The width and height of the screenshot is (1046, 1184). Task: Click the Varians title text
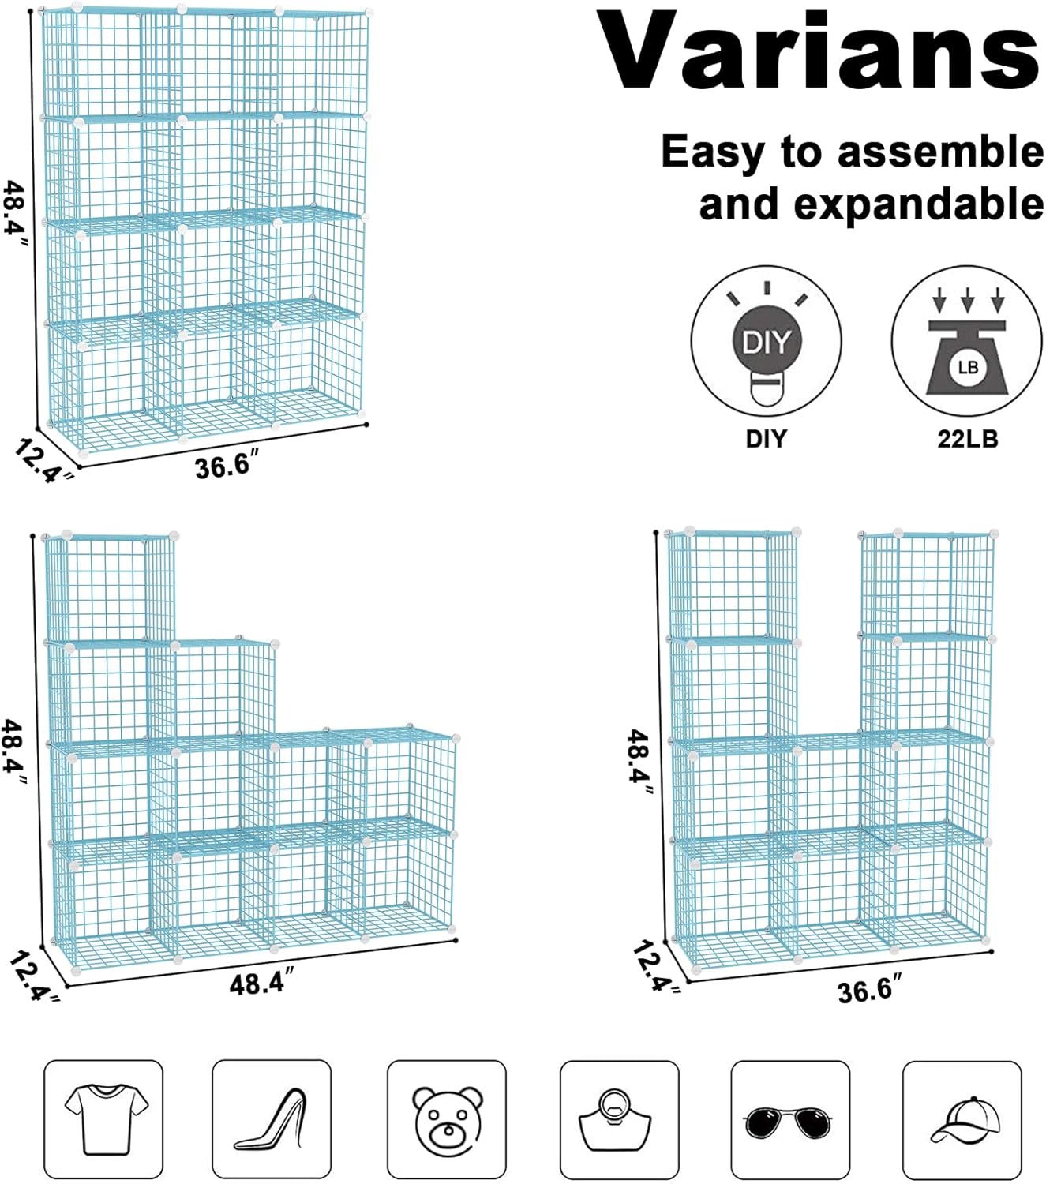(818, 52)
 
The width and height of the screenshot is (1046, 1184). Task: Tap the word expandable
(919, 205)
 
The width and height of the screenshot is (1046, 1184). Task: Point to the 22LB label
(967, 439)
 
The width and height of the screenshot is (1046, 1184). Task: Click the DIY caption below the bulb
(766, 439)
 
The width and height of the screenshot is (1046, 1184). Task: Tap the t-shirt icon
(104, 1119)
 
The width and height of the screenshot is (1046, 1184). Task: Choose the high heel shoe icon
(272, 1119)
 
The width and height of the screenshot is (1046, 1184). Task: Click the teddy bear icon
(447, 1119)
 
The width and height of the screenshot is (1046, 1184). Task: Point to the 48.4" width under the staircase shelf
(261, 984)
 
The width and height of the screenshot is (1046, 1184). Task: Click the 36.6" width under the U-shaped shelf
(869, 989)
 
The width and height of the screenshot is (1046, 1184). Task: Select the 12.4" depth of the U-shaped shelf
(655, 968)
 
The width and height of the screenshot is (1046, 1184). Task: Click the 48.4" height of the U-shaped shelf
(639, 762)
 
